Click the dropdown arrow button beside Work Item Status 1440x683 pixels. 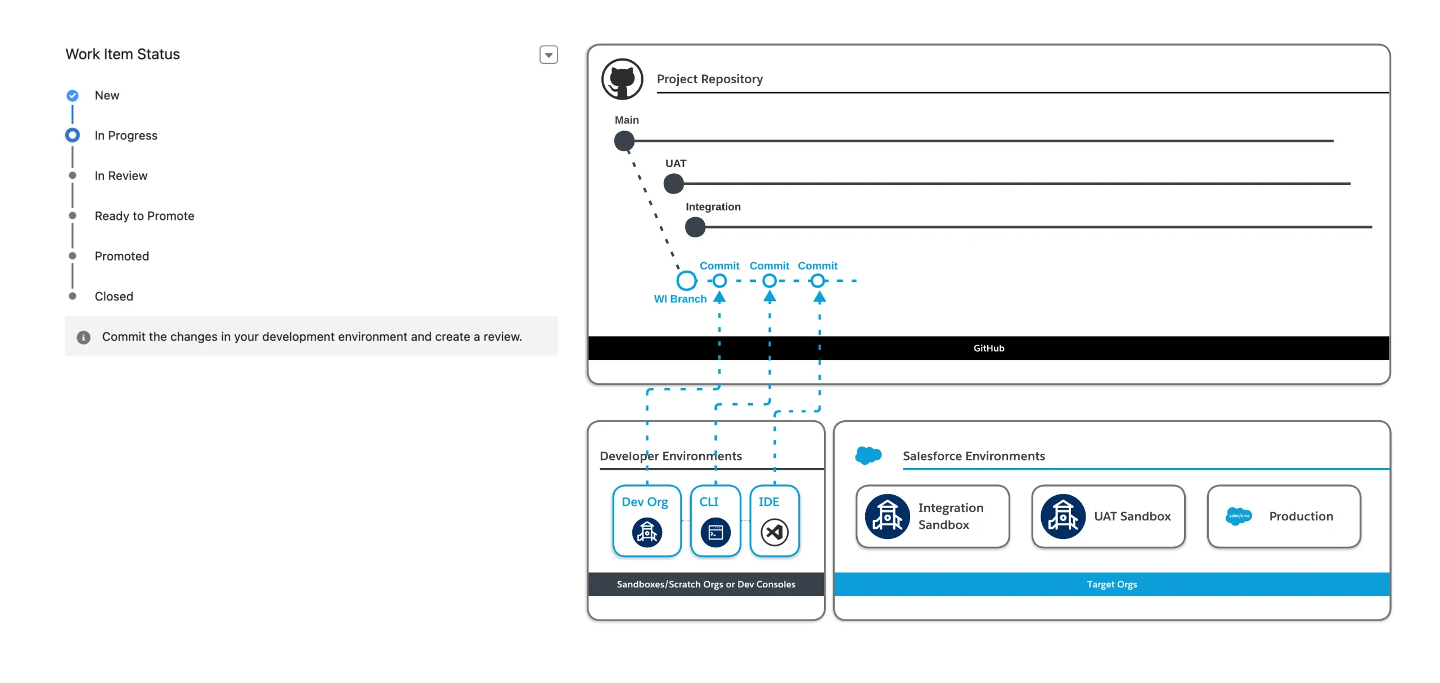coord(548,55)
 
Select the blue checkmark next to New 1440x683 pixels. coord(73,96)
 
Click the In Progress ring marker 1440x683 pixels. coord(73,136)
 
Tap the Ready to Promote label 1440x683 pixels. coord(145,216)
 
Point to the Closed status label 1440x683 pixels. coord(114,296)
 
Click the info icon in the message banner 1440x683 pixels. coord(83,337)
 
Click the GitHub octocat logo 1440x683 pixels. coord(622,79)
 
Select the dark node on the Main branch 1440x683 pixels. coord(624,141)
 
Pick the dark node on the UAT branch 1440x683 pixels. coord(674,183)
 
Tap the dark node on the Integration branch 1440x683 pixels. coord(695,227)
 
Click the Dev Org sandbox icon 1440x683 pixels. coord(647,532)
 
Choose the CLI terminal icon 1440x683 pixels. coord(715,532)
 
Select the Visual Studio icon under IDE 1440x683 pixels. coord(775,532)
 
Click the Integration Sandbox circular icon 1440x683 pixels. coord(888,516)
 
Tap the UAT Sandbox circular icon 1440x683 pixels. coord(1063,516)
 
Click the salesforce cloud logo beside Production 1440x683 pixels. coord(1239,516)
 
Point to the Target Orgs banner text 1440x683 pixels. coord(1112,585)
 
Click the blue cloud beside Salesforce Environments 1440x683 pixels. coord(868,455)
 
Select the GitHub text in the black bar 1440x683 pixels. coord(989,348)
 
